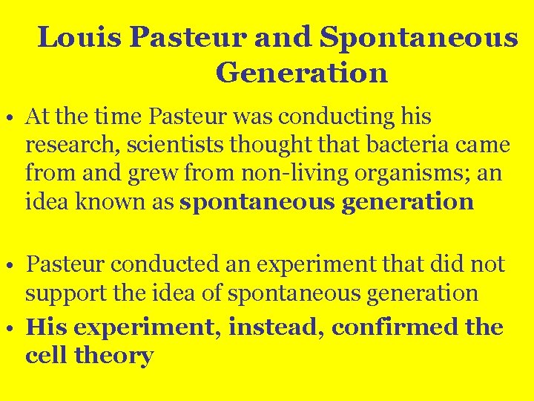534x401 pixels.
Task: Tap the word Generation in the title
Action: (302, 73)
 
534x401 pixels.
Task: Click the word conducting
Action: (314, 117)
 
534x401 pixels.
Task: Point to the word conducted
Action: (155, 264)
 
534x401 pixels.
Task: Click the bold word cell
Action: (47, 356)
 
